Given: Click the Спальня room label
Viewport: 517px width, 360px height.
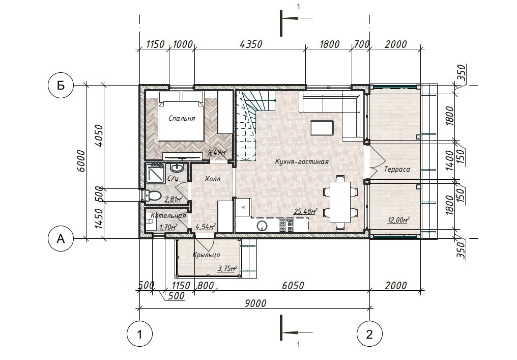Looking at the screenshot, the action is pyautogui.click(x=182, y=118).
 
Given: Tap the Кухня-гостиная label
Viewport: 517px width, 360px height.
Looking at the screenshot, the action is pyautogui.click(x=302, y=161).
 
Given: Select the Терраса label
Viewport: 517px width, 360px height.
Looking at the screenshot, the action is pyautogui.click(x=397, y=169).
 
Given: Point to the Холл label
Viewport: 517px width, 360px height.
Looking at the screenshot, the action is pyautogui.click(x=212, y=179).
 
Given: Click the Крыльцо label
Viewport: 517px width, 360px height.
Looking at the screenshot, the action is pyautogui.click(x=207, y=255).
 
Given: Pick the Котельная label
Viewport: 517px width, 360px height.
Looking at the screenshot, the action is pyautogui.click(x=168, y=216).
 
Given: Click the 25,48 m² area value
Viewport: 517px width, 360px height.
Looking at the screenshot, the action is pyautogui.click(x=306, y=211).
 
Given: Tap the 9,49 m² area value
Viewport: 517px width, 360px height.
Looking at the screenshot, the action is pyautogui.click(x=217, y=152).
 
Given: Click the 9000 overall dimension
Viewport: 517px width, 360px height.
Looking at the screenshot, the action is pyautogui.click(x=255, y=303).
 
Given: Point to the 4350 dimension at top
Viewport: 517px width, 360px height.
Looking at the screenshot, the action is pyautogui.click(x=251, y=44).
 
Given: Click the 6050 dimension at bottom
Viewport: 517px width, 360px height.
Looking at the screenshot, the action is pyautogui.click(x=293, y=285).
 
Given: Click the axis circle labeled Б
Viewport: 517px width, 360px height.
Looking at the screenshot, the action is pyautogui.click(x=61, y=86).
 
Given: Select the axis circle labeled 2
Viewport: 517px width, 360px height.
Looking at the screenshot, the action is pyautogui.click(x=369, y=334).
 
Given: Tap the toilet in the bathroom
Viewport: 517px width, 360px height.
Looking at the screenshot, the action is pyautogui.click(x=153, y=196).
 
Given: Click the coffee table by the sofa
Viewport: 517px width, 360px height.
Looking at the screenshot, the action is pyautogui.click(x=322, y=128).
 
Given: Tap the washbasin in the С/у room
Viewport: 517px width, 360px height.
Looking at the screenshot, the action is pyautogui.click(x=177, y=168).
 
